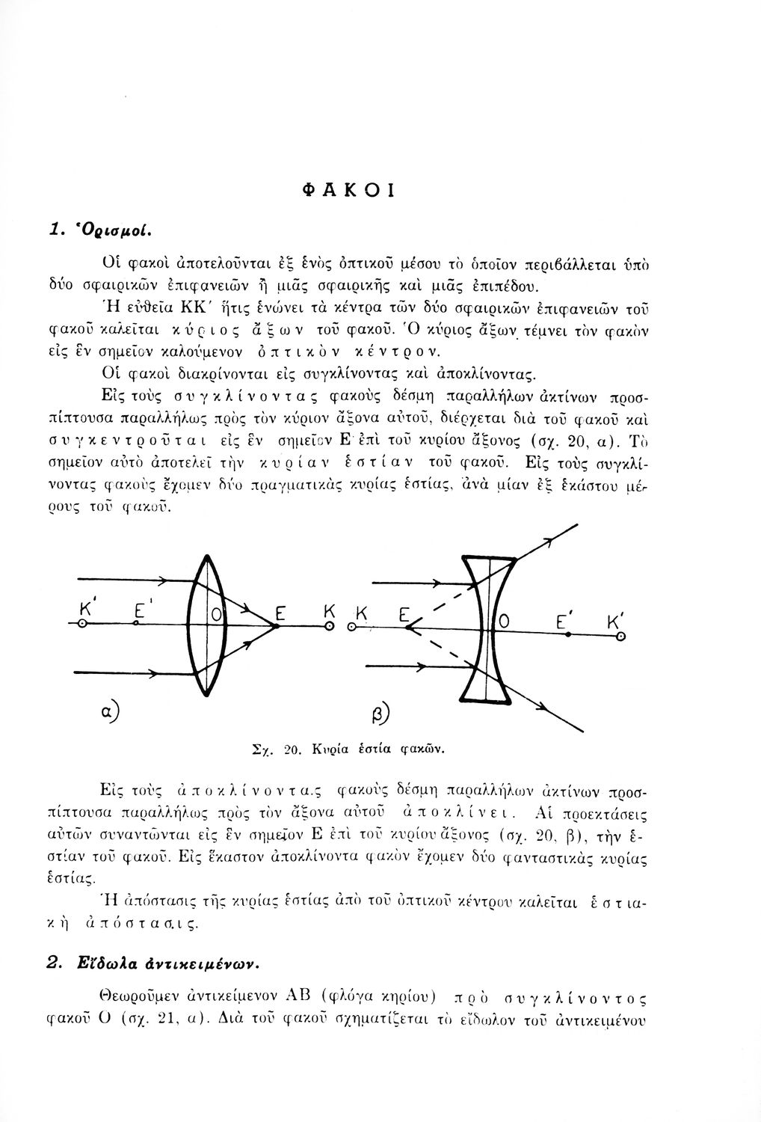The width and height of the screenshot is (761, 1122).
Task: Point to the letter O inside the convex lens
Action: tap(215, 616)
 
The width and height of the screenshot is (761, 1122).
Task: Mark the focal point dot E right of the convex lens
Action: tap(277, 627)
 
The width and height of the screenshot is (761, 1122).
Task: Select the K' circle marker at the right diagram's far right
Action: tap(620, 635)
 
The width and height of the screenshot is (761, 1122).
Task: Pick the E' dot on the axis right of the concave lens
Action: tap(568, 634)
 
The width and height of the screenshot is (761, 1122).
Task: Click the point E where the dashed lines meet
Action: tap(408, 630)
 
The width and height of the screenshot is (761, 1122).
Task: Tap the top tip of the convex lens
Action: tap(204, 554)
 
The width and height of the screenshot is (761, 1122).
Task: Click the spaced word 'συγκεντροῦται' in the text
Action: tap(157, 438)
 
